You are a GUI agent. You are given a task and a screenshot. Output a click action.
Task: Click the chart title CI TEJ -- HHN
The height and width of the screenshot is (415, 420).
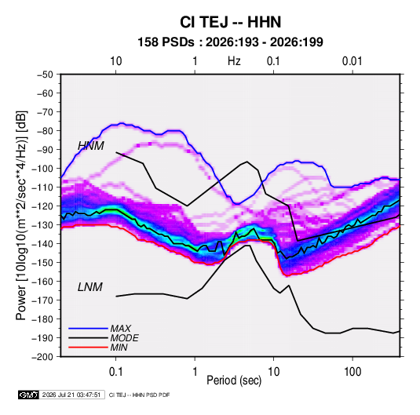pos(230,22)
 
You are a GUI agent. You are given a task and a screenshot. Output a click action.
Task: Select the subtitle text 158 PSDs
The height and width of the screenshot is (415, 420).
pos(166,42)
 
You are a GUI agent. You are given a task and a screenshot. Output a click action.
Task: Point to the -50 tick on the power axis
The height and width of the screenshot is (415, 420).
pos(45,75)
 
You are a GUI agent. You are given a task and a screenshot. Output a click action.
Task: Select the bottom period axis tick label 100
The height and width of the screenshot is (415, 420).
pos(352,372)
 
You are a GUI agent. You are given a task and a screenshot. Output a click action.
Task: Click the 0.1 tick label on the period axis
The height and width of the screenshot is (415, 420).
pos(116,372)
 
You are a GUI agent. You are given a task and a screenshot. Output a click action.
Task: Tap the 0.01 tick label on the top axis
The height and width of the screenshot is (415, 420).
pos(352,61)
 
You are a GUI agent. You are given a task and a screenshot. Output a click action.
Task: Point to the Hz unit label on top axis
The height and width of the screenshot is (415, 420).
pos(234,61)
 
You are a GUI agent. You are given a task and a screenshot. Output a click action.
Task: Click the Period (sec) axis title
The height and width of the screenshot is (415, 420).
pos(234,380)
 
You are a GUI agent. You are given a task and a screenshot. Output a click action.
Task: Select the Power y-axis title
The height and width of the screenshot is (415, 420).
pos(21,215)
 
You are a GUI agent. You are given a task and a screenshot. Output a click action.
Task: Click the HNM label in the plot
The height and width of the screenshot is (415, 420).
pos(91,146)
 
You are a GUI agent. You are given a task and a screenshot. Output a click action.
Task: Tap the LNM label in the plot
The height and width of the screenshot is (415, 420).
pos(90,287)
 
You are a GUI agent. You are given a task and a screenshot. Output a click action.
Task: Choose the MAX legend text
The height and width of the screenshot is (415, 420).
pos(121,329)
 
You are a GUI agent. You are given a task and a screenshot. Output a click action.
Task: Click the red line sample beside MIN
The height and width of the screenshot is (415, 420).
pos(88,348)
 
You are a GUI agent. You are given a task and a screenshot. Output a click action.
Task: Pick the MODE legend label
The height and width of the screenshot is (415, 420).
pos(125,338)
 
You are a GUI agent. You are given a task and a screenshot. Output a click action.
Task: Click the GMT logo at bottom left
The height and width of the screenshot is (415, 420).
pos(29,395)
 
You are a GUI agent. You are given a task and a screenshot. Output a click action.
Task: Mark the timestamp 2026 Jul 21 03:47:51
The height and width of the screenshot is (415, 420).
pos(71,395)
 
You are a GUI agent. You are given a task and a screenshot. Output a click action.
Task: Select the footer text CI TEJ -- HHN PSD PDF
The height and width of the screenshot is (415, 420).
pos(139,395)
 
